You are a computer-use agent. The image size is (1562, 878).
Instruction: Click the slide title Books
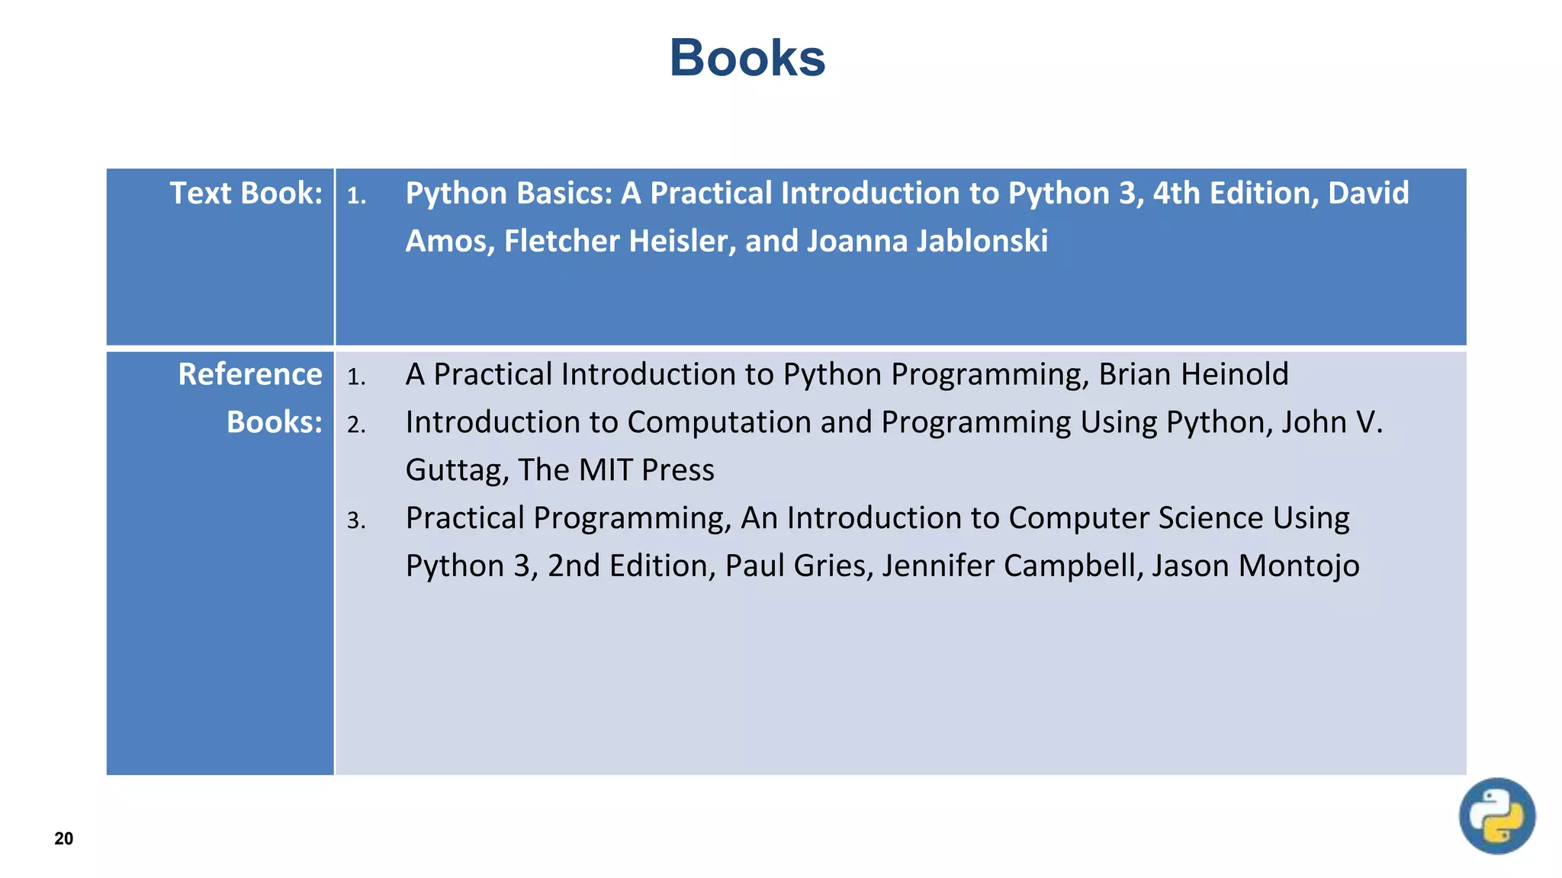click(747, 58)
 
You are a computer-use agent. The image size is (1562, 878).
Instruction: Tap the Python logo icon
click(1496, 816)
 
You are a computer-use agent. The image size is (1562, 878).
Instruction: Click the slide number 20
click(64, 838)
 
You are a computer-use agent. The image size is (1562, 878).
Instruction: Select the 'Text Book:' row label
click(246, 193)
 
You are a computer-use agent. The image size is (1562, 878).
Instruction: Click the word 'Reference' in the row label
click(249, 374)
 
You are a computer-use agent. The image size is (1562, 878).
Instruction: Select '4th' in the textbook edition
click(1176, 193)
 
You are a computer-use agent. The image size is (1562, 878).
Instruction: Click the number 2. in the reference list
click(356, 425)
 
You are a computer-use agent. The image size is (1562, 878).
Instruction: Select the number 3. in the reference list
click(356, 521)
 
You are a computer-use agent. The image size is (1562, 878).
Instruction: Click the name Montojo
click(1298, 566)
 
